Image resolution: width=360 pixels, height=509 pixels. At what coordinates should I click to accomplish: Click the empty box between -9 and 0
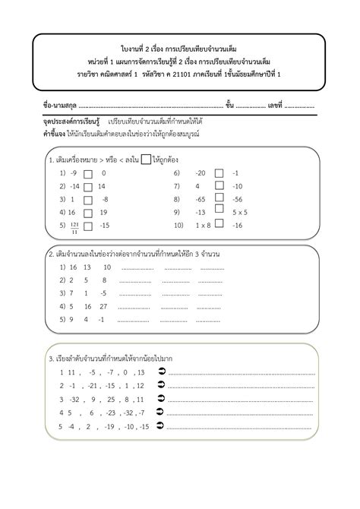click(88, 173)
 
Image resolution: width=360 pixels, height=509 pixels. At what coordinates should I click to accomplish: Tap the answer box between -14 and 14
click(88, 186)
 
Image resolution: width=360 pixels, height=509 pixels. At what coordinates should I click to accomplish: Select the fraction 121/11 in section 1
click(74, 226)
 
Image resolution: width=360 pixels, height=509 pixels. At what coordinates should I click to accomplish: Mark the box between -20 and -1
click(219, 173)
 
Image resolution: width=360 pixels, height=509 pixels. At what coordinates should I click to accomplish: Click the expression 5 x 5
click(242, 213)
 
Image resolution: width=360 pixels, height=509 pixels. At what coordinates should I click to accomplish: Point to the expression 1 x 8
click(202, 226)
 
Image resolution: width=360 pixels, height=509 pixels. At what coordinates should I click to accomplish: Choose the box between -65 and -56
click(219, 199)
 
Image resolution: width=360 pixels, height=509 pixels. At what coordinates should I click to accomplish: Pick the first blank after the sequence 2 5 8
click(137, 280)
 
